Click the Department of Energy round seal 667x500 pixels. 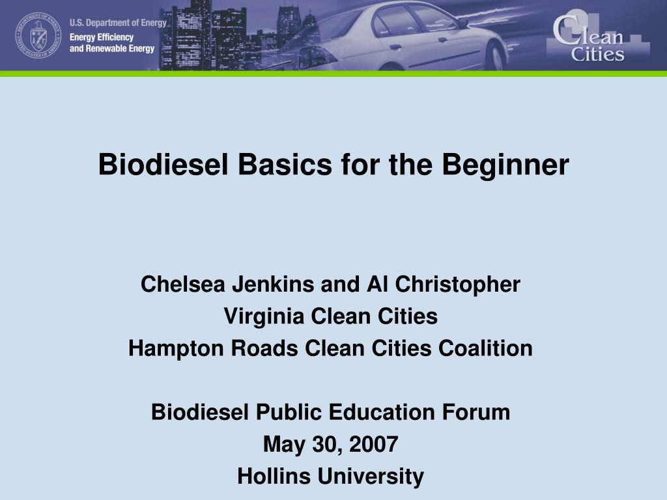(38, 35)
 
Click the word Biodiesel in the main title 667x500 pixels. (163, 164)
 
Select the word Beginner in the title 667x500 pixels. (505, 165)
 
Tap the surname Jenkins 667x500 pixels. (273, 284)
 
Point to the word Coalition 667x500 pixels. (485, 348)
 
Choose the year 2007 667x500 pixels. (373, 444)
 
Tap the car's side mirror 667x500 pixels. (463, 23)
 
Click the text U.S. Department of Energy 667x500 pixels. (119, 23)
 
